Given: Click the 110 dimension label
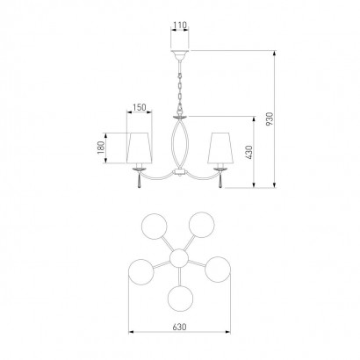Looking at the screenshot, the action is tap(179, 25).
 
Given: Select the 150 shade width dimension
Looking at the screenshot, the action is tap(140, 108).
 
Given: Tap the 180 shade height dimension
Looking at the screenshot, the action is tap(101, 148).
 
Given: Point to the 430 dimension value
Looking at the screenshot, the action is tap(249, 152).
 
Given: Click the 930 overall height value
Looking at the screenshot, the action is tap(270, 119).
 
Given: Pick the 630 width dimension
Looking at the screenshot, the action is tap(179, 327).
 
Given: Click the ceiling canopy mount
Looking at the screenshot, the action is tap(180, 54).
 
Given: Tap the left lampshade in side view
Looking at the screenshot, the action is tap(140, 148).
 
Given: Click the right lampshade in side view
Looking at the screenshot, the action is tap(220, 148).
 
